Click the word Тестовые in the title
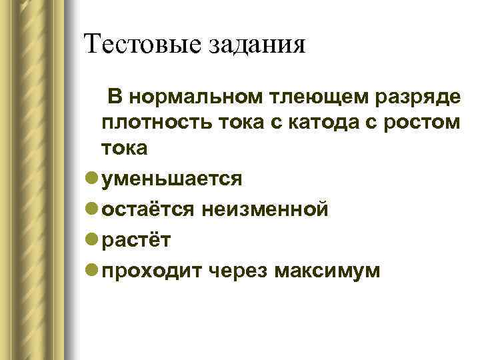pos(133,45)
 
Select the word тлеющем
pos(306,97)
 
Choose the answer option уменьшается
pos(171,179)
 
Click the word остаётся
pos(146,211)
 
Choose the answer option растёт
pos(136,241)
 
